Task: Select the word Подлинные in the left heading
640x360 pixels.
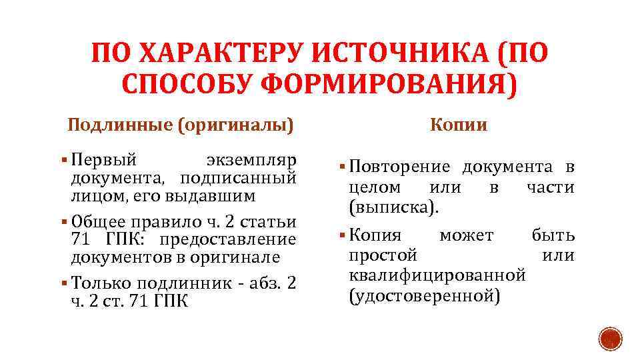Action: tap(119, 125)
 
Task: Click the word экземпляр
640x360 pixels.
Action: tap(251, 161)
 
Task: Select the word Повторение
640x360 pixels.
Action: tap(399, 167)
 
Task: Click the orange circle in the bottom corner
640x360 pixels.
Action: tap(609, 338)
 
